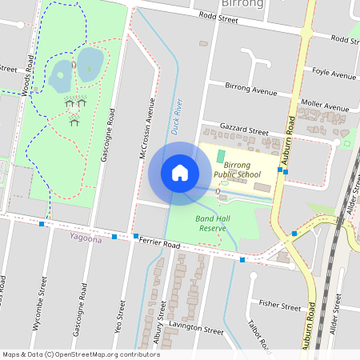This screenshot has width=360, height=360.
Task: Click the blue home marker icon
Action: coord(180,173)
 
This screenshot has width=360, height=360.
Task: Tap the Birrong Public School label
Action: coord(238,169)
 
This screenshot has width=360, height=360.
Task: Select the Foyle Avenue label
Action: coord(334,74)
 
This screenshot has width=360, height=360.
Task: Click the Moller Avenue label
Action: coord(326,106)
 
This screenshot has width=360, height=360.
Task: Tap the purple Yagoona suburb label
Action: coord(86,238)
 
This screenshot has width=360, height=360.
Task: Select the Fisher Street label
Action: coord(280,306)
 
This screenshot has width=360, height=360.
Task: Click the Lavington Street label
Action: coord(197,329)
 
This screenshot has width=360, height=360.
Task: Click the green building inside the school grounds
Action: coord(221,157)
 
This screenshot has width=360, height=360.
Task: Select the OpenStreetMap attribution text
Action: coord(81,354)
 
